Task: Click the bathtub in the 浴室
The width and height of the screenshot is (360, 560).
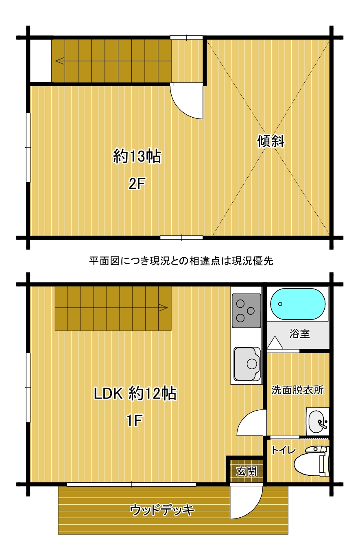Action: [x=297, y=304]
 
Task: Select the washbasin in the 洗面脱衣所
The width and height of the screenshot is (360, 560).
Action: [x=317, y=423]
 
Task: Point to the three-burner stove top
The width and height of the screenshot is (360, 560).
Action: [x=247, y=311]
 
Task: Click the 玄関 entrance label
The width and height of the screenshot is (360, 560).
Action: [x=247, y=472]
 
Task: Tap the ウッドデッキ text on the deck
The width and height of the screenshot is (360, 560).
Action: [x=162, y=510]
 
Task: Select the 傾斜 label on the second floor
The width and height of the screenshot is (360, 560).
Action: [x=271, y=141]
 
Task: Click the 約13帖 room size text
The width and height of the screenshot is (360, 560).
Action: [x=137, y=156]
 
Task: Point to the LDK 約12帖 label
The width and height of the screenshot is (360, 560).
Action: [x=135, y=394]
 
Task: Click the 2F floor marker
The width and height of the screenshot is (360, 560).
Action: [x=137, y=184]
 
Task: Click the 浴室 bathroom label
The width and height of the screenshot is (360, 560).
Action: [x=299, y=333]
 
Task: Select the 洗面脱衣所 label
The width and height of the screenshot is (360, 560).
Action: [x=297, y=390]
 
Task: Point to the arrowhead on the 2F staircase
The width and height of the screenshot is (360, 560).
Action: [x=60, y=61]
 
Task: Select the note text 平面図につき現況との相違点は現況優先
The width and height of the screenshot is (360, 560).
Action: [x=181, y=261]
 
